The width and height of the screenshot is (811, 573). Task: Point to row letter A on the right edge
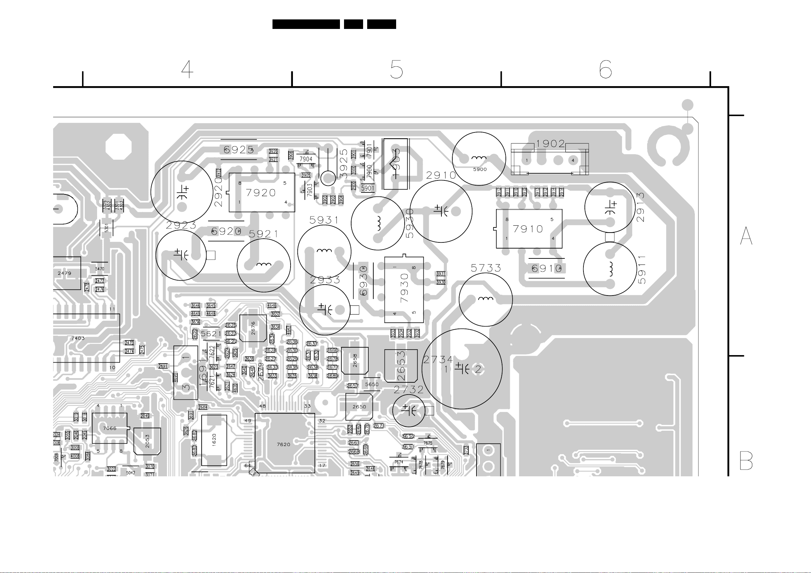tap(746, 236)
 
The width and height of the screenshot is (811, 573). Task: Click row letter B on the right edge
tap(746, 461)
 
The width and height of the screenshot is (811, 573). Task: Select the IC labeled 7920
tap(262, 192)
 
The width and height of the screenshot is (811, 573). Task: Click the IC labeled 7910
tap(529, 229)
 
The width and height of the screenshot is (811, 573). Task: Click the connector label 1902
tap(550, 144)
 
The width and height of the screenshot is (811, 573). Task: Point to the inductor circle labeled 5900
tap(479, 159)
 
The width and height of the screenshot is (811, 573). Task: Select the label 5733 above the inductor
tap(486, 268)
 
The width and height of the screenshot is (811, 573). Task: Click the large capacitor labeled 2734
tap(462, 369)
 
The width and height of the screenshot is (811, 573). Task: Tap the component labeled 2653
tap(401, 366)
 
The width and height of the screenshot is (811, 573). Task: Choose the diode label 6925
tap(238, 150)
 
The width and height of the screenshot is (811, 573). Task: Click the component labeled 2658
tap(355, 361)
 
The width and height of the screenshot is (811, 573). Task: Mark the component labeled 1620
tap(214, 440)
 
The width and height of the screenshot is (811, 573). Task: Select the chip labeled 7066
tap(109, 428)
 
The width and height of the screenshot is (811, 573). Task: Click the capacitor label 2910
tap(441, 175)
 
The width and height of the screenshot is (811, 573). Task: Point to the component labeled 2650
tap(359, 407)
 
